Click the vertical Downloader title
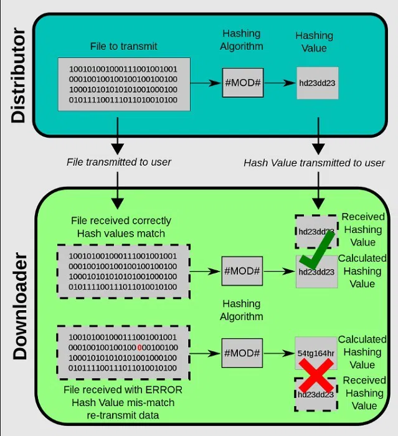(x=19, y=306)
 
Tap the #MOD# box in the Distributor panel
(x=242, y=82)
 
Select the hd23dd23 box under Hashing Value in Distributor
(x=318, y=83)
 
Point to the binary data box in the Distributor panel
(x=123, y=84)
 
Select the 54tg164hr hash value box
(x=316, y=353)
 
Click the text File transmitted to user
(x=119, y=162)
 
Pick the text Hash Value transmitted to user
(x=314, y=163)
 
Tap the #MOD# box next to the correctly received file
(x=242, y=272)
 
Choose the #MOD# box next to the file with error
(x=242, y=353)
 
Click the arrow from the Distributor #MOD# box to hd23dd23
(x=279, y=82)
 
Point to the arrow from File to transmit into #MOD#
(x=206, y=82)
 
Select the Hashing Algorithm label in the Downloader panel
(x=241, y=310)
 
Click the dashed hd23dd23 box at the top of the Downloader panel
(x=316, y=231)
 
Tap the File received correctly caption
(x=121, y=220)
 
